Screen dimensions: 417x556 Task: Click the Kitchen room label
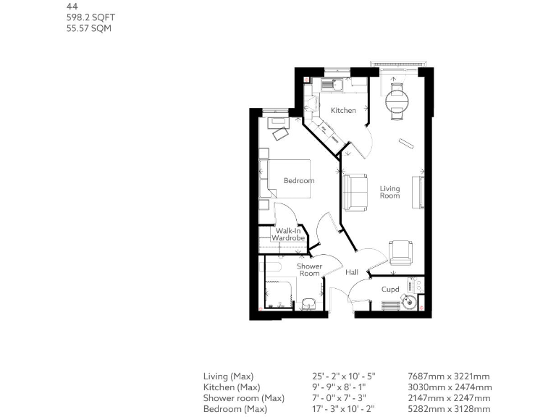pyautogui.click(x=343, y=111)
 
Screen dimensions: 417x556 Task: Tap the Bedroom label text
pyautogui.click(x=298, y=181)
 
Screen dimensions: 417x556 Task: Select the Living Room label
pyautogui.click(x=389, y=192)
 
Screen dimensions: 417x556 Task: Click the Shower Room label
pyautogui.click(x=310, y=270)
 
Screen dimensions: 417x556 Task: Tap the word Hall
pyautogui.click(x=352, y=273)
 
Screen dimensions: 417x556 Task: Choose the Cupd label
pyautogui.click(x=390, y=290)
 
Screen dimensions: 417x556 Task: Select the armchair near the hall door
pyautogui.click(x=400, y=252)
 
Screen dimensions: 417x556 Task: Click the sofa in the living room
pyautogui.click(x=355, y=192)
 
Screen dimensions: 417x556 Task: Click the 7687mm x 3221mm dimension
pyautogui.click(x=450, y=376)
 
